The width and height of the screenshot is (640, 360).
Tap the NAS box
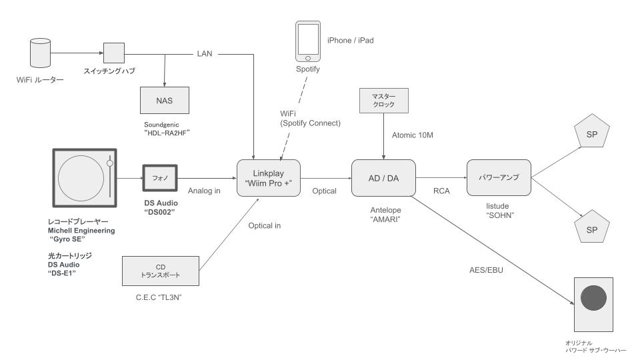click(165, 102)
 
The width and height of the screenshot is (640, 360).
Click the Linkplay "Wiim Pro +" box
click(269, 178)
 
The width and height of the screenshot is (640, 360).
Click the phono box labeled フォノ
click(159, 178)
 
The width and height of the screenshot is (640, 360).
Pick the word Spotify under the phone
click(308, 69)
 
